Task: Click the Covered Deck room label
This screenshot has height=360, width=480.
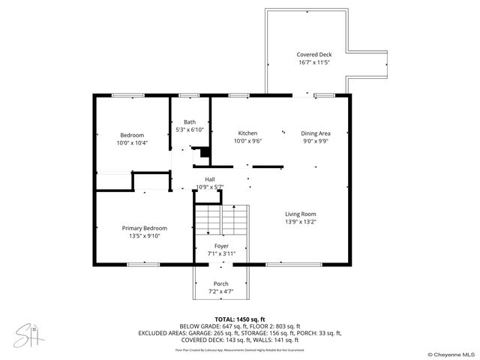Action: [313, 55]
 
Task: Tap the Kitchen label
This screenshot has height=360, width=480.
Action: [247, 133]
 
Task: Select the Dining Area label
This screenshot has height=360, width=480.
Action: [316, 133]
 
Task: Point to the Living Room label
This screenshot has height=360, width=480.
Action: [300, 214]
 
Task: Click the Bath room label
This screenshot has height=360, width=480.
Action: [190, 121]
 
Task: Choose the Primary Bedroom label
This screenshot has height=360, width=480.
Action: [145, 228]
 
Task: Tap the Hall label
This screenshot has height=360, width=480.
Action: [210, 179]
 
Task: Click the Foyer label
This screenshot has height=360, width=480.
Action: [221, 246]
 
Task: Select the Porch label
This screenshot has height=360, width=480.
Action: [221, 283]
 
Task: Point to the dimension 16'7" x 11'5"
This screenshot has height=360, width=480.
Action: [313, 63]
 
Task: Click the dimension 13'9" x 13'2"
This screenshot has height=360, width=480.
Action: [300, 222]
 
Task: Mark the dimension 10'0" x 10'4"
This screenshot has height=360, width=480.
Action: [132, 142]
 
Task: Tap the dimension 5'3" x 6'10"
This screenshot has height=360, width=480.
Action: [190, 130]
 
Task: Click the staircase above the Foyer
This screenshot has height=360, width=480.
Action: [221, 220]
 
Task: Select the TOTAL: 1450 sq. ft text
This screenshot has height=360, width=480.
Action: [239, 319]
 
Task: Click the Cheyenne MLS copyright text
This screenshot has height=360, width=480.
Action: [451, 354]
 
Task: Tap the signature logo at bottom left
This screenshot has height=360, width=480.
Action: [28, 333]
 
